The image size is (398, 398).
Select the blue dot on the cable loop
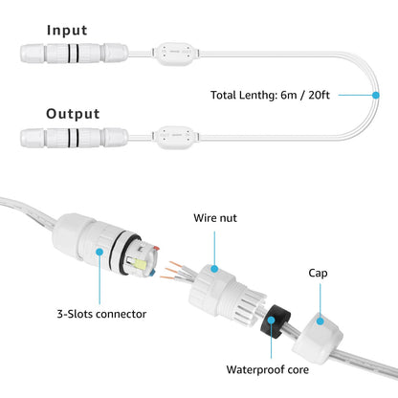(375, 95)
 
